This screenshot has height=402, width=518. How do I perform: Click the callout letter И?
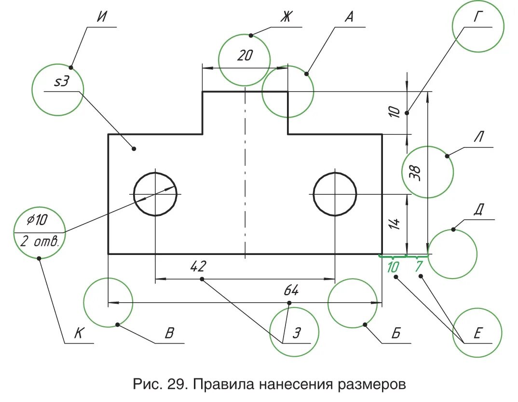coord(101,18)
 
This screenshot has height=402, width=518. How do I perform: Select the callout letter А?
coord(349,18)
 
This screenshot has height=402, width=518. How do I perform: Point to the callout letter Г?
coord(477,18)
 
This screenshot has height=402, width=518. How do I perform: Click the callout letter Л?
coord(478,137)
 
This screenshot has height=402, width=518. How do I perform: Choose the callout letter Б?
coord(395,334)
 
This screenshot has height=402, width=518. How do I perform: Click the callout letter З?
coord(298,333)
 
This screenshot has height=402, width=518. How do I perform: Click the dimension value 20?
coord(245,56)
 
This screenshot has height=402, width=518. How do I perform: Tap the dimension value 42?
coord(198,266)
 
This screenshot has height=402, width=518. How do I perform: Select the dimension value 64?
coord(291,291)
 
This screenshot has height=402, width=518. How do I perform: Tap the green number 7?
coord(419,266)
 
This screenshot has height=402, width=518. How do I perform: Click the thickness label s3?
coord(61,81)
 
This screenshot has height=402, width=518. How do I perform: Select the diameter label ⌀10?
coord(37,220)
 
